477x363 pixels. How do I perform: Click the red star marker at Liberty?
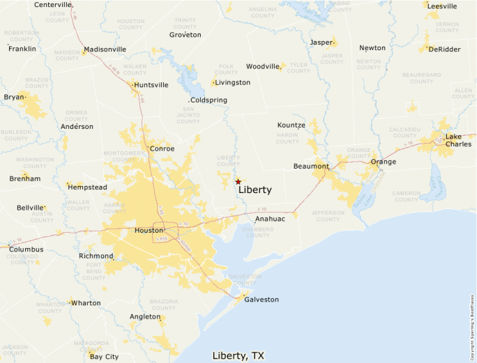(238, 181)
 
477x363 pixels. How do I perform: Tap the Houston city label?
(149, 230)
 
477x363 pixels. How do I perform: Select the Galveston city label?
(261, 300)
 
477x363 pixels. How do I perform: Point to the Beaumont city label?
(311, 167)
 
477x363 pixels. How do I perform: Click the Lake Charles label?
(458, 141)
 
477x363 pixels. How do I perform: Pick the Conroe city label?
(162, 148)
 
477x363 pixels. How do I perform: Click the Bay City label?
(104, 357)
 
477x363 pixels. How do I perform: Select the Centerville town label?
(53, 5)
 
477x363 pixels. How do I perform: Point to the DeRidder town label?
(444, 49)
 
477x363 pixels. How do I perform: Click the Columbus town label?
(26, 249)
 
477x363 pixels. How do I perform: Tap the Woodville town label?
(262, 67)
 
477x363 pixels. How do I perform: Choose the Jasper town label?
(321, 43)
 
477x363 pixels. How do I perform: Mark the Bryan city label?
(13, 97)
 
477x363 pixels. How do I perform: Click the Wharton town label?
(85, 303)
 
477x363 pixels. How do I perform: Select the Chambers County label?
(257, 232)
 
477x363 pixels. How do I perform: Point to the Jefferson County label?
(328, 215)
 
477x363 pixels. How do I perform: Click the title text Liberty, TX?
(238, 356)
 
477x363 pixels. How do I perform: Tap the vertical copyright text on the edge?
(472, 327)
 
